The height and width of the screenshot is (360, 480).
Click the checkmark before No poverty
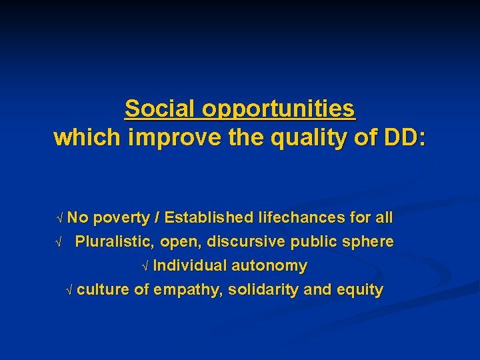[x=60, y=218]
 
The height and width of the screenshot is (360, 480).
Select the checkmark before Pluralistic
[x=59, y=242]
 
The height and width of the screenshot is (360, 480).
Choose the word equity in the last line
[x=361, y=290]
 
